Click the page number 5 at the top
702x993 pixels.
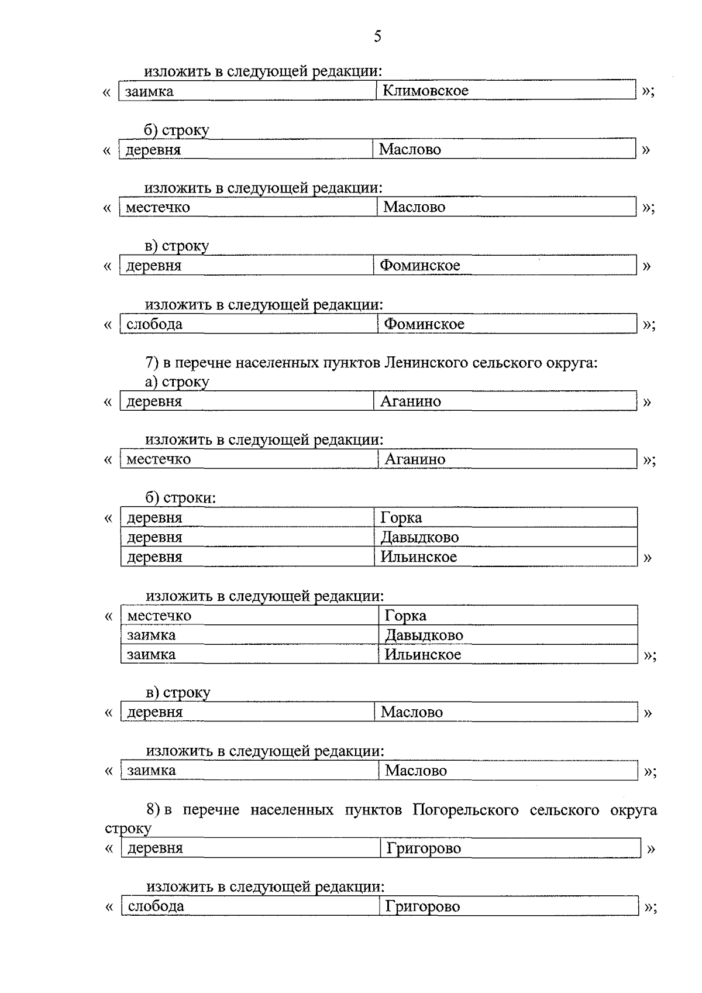coord(377,37)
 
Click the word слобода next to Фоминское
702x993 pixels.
coord(154,324)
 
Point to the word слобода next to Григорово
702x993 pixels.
coord(156,906)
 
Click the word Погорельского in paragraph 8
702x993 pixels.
coord(466,810)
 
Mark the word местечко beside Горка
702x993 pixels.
coord(159,616)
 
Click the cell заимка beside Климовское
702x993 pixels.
coord(149,91)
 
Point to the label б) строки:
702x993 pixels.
coord(181,498)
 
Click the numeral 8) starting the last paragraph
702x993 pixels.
coord(153,810)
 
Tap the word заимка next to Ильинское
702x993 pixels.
coord(152,654)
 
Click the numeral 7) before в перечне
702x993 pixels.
coord(152,363)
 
